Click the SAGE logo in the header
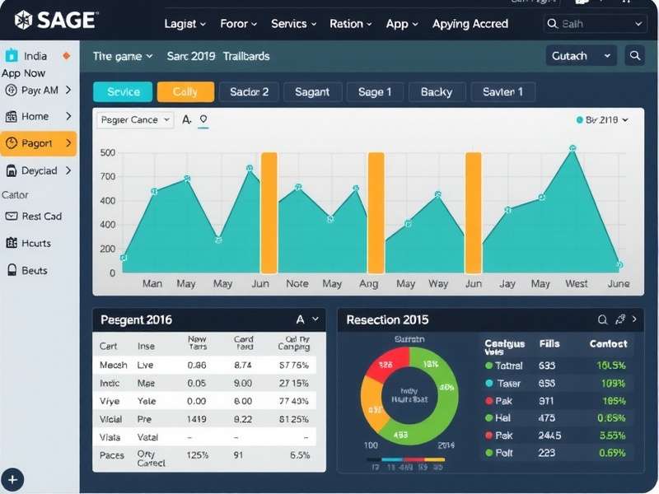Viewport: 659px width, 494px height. point(55,21)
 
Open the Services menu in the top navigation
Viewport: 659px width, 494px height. point(294,24)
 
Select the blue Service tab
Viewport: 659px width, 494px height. point(124,91)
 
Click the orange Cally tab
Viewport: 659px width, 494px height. point(185,91)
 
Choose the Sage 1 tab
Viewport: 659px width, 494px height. point(375,91)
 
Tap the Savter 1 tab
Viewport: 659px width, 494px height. point(502,91)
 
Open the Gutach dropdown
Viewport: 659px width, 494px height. point(581,56)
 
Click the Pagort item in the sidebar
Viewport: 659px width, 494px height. point(38,143)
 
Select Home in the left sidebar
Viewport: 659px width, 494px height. point(35,116)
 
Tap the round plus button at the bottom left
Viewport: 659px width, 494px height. point(13,479)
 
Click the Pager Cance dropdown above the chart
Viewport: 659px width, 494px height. point(135,120)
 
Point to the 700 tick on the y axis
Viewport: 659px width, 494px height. point(108,177)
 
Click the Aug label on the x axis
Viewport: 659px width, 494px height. point(368,284)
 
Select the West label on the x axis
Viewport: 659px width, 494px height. point(577,284)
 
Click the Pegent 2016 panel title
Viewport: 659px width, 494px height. point(136,319)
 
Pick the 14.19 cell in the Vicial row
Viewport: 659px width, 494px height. point(197,419)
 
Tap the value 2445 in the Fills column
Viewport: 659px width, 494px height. point(549,436)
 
